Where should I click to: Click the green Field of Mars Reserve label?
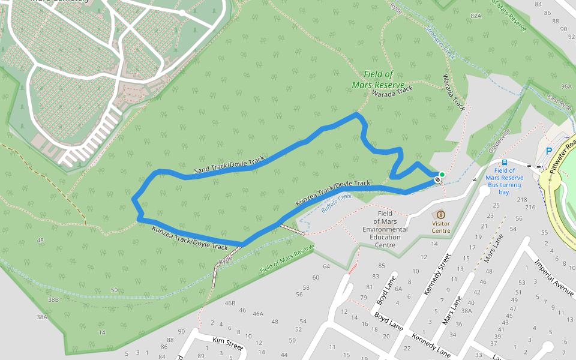pyautogui.click(x=379, y=79)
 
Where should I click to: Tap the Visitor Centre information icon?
pyautogui.click(x=441, y=214)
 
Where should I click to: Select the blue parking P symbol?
pyautogui.click(x=548, y=152)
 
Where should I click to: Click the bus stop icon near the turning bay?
pyautogui.click(x=505, y=162)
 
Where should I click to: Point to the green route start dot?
pyautogui.click(x=442, y=175)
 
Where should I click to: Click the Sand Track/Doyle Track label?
pyautogui.click(x=229, y=166)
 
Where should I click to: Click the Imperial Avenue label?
pyautogui.click(x=555, y=277)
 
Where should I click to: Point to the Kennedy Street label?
pyautogui.click(x=437, y=274)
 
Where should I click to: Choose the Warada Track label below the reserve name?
pyautogui.click(x=392, y=91)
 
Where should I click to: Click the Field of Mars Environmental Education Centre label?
pyautogui.click(x=385, y=229)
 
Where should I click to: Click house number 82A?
pyautogui.click(x=476, y=16)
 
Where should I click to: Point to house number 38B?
pyautogui.click(x=53, y=299)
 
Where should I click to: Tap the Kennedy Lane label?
pyautogui.click(x=431, y=347)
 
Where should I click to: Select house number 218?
pyautogui.click(x=521, y=199)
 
